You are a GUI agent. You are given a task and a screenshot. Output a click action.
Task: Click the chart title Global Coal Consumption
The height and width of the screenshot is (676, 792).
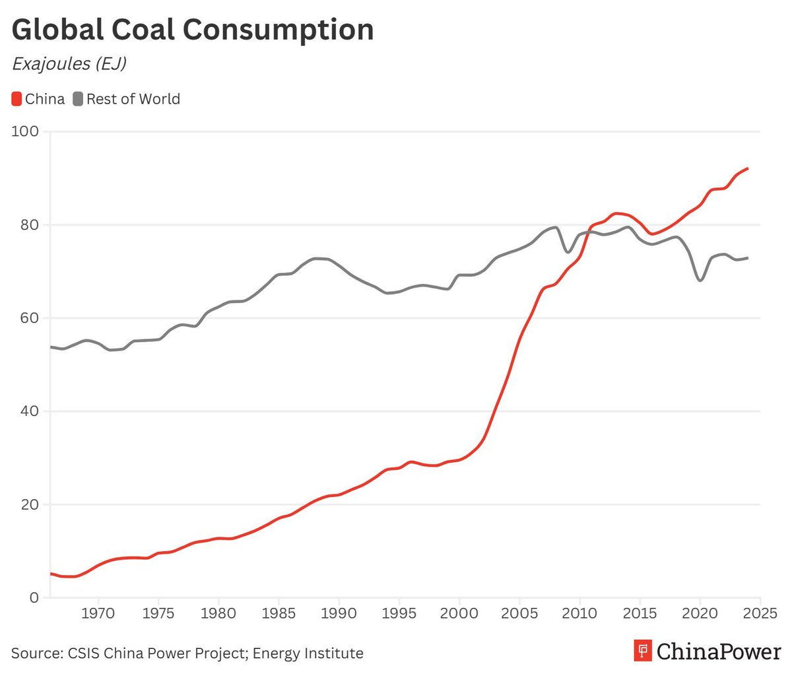tap(193, 30)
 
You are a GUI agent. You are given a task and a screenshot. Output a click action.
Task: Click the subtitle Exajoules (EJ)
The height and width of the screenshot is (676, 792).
tap(69, 64)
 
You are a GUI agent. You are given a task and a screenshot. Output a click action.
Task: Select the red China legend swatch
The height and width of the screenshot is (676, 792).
tap(17, 99)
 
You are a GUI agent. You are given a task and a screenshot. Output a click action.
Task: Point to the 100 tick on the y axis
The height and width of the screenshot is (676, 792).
tap(25, 131)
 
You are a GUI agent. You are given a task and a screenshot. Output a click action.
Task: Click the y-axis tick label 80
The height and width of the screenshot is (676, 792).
tap(28, 224)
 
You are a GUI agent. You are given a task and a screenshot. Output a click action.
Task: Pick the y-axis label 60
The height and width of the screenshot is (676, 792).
tap(28, 318)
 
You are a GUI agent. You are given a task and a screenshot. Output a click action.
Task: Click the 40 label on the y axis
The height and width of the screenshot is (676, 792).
tap(28, 411)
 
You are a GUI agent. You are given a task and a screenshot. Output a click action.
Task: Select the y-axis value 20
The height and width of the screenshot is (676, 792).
tap(28, 504)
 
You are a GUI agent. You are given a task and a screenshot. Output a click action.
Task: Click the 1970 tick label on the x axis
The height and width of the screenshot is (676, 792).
tap(98, 614)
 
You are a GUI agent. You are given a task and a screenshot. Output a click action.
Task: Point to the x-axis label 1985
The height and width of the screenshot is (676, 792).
tap(279, 614)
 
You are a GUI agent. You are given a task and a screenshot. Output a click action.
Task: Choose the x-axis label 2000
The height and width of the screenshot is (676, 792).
tap(459, 614)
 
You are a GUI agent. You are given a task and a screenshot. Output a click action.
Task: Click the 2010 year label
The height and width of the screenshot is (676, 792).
tap(579, 614)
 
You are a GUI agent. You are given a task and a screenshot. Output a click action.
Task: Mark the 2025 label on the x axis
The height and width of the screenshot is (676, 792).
tap(760, 614)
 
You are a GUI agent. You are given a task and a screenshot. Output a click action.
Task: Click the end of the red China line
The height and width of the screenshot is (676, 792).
tap(747, 168)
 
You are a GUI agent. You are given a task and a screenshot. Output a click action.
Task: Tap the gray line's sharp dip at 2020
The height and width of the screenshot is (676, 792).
tap(700, 281)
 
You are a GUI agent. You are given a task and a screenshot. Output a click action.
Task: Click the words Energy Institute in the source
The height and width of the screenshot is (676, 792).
tap(308, 654)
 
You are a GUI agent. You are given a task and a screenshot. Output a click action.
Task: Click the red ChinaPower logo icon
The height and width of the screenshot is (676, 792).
tap(642, 650)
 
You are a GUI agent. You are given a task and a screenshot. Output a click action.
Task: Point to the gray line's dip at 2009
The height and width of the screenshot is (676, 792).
tap(567, 252)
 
